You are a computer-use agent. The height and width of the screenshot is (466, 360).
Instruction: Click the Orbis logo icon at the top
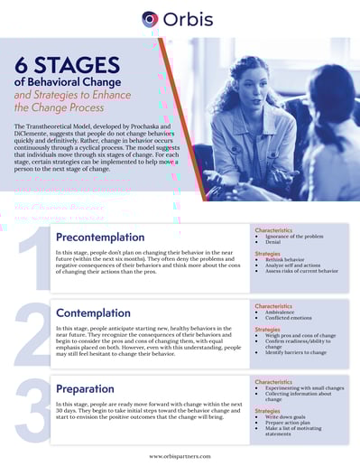point(150,18)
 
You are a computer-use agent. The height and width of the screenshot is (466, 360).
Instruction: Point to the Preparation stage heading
point(91,388)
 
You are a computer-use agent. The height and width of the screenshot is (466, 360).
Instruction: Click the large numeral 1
point(32,262)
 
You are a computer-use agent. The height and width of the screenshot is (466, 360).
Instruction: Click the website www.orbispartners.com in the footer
point(180,456)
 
